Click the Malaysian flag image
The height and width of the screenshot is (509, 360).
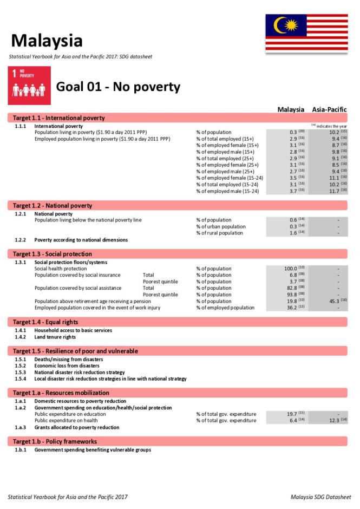[306, 32]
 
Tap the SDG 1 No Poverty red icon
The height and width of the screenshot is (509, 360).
[29, 86]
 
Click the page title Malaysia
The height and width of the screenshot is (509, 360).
[47, 41]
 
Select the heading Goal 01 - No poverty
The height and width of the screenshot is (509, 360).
[118, 87]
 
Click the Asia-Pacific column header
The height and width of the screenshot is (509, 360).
[329, 109]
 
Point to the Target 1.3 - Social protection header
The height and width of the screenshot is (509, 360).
[53, 254]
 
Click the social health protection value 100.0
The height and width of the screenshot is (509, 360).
[291, 269]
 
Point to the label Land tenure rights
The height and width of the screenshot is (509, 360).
[55, 337]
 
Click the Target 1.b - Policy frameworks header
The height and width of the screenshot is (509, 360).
[55, 441]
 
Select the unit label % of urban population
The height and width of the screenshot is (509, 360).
[221, 227]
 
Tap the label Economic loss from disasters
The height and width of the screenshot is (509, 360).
[67, 366]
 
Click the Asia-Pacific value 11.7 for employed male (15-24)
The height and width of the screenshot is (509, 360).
[329, 191]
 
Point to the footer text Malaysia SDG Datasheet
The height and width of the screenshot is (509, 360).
[320, 497]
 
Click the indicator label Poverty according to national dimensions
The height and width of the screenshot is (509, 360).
[81, 240]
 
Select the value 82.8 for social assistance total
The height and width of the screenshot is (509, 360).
[291, 288]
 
